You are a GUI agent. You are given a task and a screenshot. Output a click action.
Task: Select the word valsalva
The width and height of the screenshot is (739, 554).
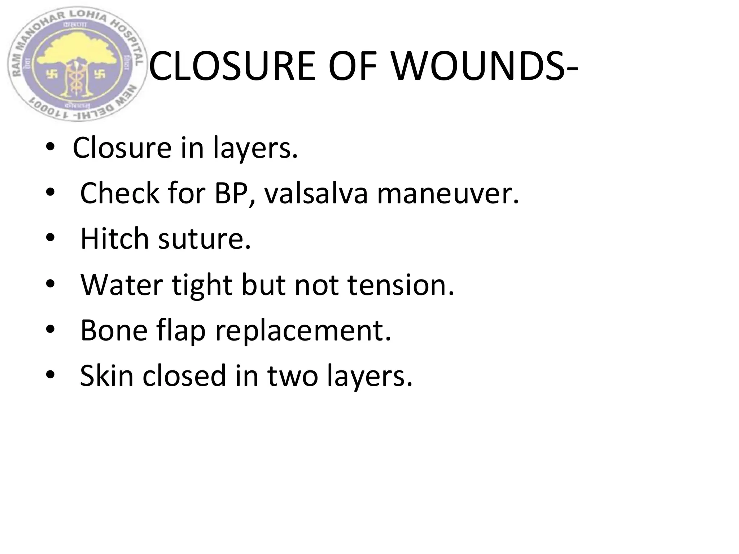[316, 193]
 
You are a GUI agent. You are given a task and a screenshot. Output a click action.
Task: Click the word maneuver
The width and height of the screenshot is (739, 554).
[447, 193]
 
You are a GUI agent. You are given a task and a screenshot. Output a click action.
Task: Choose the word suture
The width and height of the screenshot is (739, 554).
[204, 239]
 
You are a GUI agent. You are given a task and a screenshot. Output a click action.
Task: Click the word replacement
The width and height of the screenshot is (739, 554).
[303, 331]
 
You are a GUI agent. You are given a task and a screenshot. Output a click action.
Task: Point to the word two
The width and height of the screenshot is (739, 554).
[292, 376]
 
